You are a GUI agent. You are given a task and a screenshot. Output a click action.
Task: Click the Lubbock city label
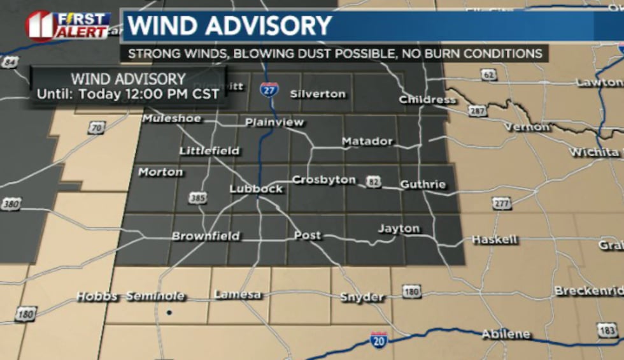coord(256,189)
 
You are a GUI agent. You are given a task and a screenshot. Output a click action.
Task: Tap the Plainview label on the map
coord(275,122)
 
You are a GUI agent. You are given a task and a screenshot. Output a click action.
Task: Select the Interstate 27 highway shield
coord(269,90)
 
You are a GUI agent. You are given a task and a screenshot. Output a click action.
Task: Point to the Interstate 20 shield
coord(379,339)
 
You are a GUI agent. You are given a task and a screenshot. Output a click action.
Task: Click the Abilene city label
coord(506,334)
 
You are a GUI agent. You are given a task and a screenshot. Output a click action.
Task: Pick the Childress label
coord(427,99)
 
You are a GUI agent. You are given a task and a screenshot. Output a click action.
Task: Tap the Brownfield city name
coord(206,236)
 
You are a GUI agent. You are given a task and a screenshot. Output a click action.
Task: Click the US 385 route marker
coord(198,198)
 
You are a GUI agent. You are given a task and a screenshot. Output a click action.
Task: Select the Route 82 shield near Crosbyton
coord(373,183)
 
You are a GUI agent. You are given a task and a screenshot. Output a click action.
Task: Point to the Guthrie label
coord(423,185)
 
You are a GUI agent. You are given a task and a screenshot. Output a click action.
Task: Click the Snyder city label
coord(362,297)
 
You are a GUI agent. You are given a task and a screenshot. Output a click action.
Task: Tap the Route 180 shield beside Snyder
coord(412,292)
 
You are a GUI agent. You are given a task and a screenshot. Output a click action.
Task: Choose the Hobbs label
coord(97,296)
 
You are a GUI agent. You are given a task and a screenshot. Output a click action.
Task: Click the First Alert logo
coord(69,25)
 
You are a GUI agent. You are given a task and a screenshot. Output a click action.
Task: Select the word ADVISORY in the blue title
coord(267,26)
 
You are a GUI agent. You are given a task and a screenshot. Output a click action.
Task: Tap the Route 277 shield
coord(501,203)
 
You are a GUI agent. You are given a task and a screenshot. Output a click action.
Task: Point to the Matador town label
coord(367,141)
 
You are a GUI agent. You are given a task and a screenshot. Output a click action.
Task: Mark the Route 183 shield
coord(607,329)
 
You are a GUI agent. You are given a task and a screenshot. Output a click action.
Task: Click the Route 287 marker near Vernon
coord(477,111)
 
